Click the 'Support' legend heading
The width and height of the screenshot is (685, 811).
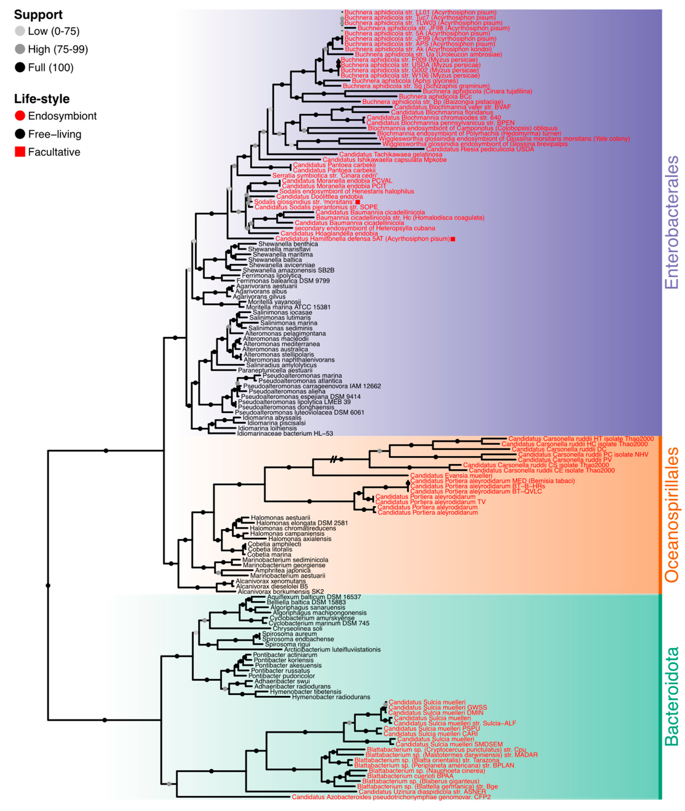pyautogui.click(x=38, y=15)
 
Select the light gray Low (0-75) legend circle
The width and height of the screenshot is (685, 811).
pyautogui.click(x=20, y=31)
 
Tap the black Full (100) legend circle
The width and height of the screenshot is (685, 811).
pyautogui.click(x=20, y=68)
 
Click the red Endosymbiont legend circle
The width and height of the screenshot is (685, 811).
pyautogui.click(x=20, y=116)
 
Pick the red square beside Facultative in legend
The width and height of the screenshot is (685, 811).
pyautogui.click(x=20, y=152)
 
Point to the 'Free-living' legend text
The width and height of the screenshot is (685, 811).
pyautogui.click(x=55, y=134)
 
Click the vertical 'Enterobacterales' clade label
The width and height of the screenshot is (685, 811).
pyautogui.click(x=671, y=222)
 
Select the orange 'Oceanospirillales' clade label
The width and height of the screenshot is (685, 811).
pyautogui.click(x=671, y=514)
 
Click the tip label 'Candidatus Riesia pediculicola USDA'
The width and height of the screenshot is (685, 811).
pyautogui.click(x=480, y=149)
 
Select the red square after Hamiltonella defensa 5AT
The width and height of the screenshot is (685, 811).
pyautogui.click(x=453, y=239)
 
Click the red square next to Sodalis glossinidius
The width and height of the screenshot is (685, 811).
pyautogui.click(x=358, y=202)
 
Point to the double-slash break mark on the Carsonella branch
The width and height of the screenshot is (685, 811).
pyautogui.click(x=333, y=460)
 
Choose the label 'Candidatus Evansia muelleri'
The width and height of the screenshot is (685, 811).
pyautogui.click(x=451, y=476)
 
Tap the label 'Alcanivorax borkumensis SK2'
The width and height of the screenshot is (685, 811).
pyautogui.click(x=280, y=592)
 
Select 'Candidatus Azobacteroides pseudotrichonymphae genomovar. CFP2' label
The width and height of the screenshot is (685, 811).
pyautogui.click(x=391, y=797)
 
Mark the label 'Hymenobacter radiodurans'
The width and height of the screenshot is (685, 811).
pyautogui.click(x=331, y=697)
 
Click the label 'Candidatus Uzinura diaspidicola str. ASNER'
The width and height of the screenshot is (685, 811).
pyautogui.click(x=422, y=791)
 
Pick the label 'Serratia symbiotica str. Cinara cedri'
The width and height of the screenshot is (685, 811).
pyautogui.click(x=325, y=176)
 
